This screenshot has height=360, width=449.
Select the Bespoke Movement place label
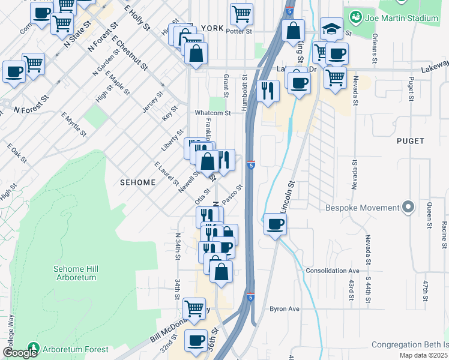pyautogui.click(x=362, y=208)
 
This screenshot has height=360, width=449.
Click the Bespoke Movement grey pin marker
pyautogui.click(x=409, y=208)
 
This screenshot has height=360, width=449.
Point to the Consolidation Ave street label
pyautogui.click(x=332, y=271)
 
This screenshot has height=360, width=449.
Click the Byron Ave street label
pyautogui.click(x=284, y=309)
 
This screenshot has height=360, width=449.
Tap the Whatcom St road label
pyautogui.click(x=212, y=113)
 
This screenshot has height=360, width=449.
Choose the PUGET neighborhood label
pyautogui.click(x=411, y=141)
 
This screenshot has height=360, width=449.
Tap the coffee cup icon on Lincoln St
pyautogui.click(x=275, y=224)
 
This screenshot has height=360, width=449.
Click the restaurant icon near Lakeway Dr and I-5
pyautogui.click(x=267, y=91)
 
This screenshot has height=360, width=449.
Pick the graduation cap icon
pyautogui.click(x=331, y=28)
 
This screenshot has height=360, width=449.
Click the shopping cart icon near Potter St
pyautogui.click(x=241, y=13)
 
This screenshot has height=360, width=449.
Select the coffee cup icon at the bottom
pyautogui.click(x=196, y=341)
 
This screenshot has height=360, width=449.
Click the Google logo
pyautogui.click(x=20, y=353)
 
